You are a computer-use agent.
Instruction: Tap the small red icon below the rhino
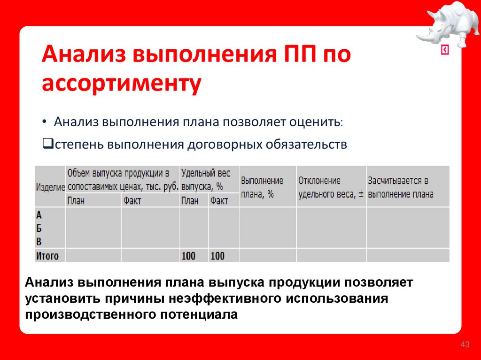(x=444, y=50)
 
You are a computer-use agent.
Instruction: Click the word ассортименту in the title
(x=122, y=84)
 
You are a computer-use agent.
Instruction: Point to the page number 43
(x=465, y=345)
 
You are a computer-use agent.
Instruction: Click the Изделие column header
(x=50, y=187)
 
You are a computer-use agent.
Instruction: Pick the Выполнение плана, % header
(x=262, y=187)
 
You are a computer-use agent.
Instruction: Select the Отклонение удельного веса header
(x=331, y=187)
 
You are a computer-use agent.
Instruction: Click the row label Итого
(x=47, y=256)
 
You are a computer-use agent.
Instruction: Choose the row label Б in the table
(x=39, y=229)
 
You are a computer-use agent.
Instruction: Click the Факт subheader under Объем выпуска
(x=132, y=201)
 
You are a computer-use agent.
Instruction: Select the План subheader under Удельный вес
(x=190, y=201)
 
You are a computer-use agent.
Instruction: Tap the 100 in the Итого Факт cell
(x=217, y=256)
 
